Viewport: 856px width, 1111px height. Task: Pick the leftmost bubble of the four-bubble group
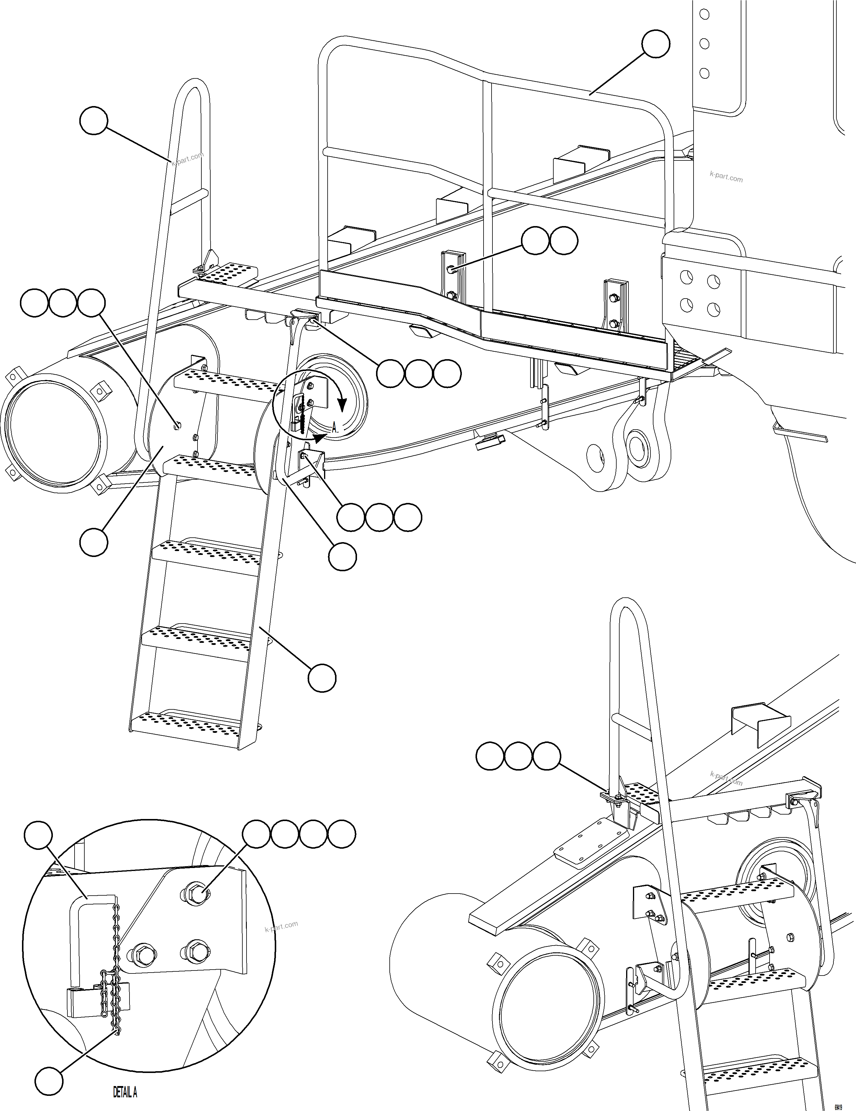256,834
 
